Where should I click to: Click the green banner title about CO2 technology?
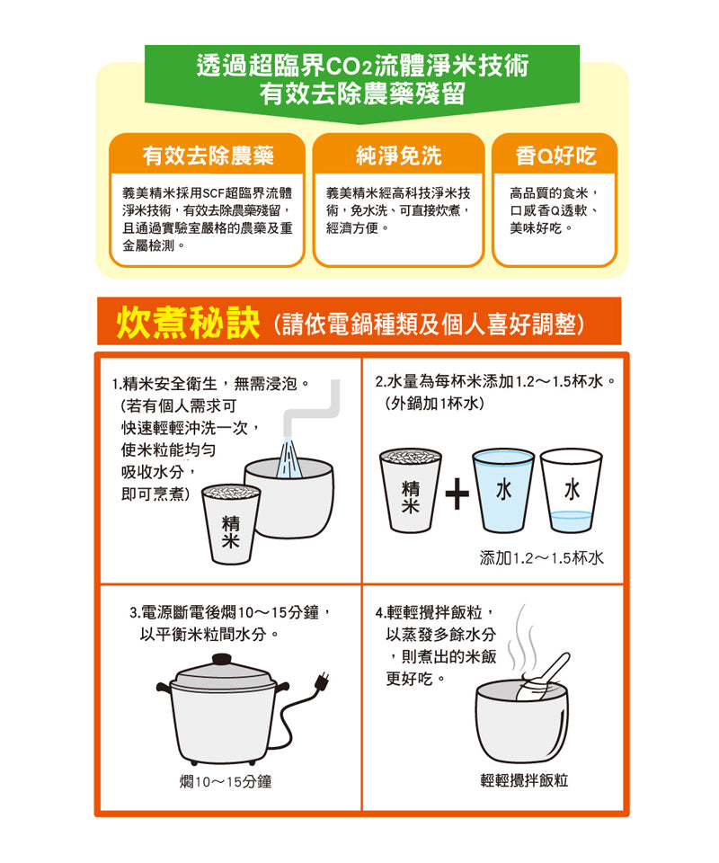[362, 79]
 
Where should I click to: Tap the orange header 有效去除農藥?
[208, 156]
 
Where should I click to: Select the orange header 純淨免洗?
[399, 156]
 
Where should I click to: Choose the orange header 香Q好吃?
[555, 156]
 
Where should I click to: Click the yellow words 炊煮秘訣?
[188, 323]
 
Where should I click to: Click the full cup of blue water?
[503, 491]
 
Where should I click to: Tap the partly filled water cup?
[572, 491]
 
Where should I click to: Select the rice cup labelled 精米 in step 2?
[411, 491]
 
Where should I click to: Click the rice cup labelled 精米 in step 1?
[230, 524]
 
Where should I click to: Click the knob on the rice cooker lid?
[222, 659]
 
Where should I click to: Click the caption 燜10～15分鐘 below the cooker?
[226, 781]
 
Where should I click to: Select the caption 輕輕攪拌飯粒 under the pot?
[524, 780]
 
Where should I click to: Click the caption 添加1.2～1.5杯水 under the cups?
[542, 558]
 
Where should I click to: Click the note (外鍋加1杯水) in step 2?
[435, 404]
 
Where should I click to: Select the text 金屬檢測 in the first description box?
[149, 246]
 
